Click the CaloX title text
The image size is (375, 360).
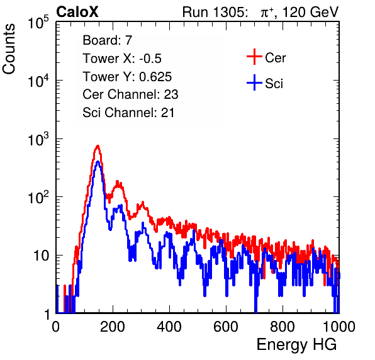click(x=77, y=12)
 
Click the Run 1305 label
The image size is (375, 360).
click(x=215, y=12)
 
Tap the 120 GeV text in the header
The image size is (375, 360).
click(x=311, y=12)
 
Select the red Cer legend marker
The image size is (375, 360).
click(x=254, y=57)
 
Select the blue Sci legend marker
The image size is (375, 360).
click(x=254, y=83)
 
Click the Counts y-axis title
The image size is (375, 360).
click(x=9, y=49)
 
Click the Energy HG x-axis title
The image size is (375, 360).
click(x=296, y=345)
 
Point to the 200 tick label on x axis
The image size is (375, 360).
click(x=113, y=327)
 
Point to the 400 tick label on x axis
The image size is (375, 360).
click(x=169, y=327)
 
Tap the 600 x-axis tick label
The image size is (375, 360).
click(x=226, y=327)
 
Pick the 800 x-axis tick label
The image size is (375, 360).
click(x=283, y=327)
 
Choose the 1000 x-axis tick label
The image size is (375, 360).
click(x=339, y=327)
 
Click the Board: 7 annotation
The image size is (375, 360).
click(x=108, y=40)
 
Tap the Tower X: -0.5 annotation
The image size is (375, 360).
click(x=122, y=59)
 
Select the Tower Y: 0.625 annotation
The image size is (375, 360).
click(x=127, y=77)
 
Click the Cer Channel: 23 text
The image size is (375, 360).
click(x=130, y=94)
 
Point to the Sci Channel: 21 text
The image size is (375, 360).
click(x=128, y=113)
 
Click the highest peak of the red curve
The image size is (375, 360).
click(x=98, y=145)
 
